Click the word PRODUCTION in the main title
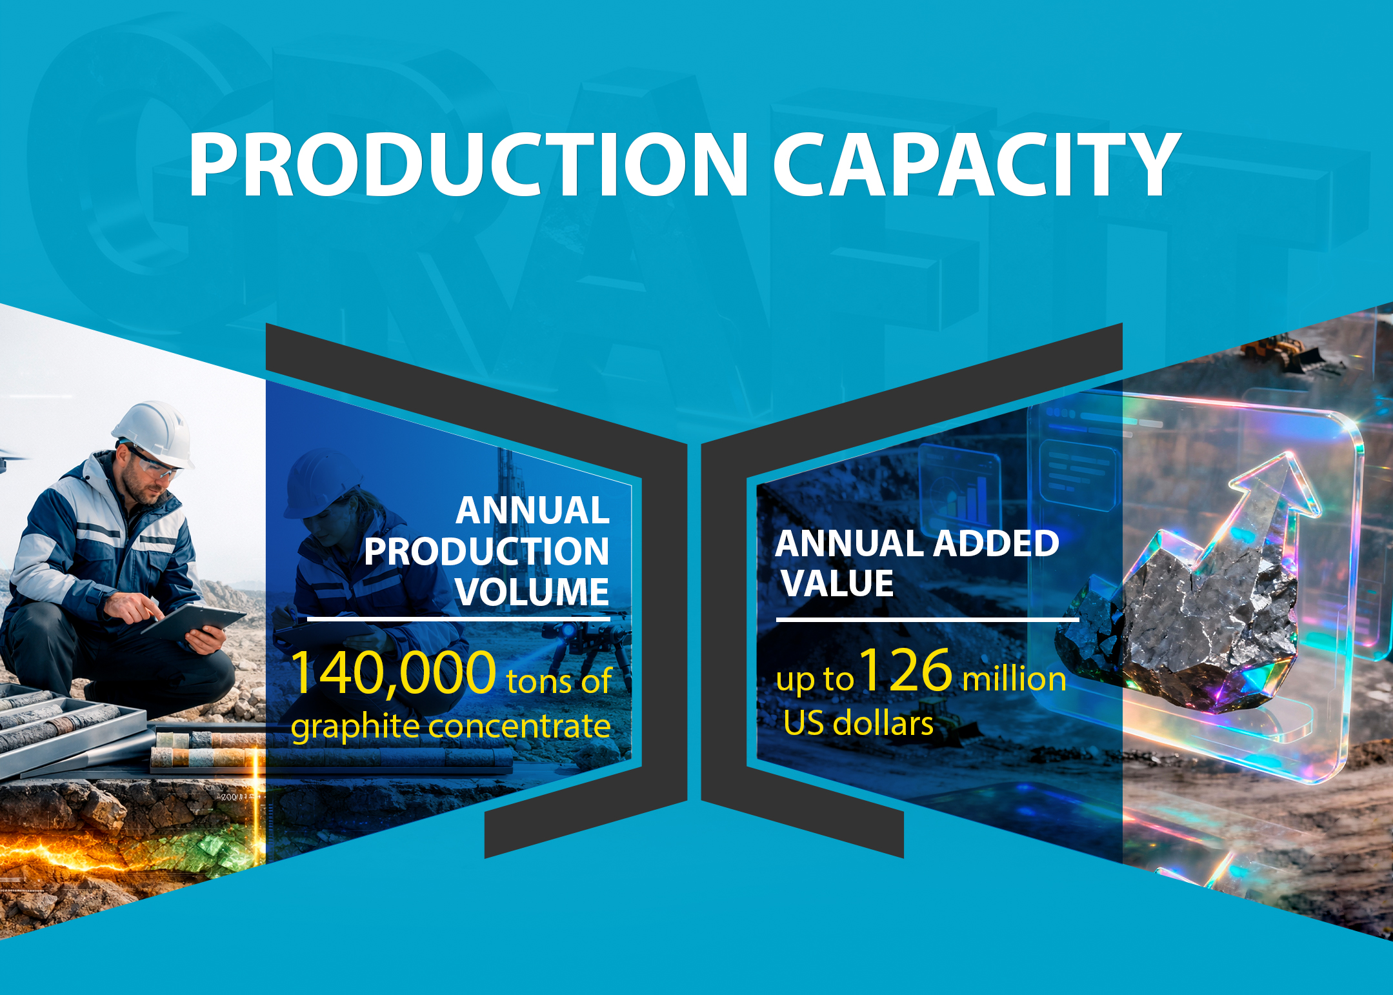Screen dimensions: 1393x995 [x=468, y=164]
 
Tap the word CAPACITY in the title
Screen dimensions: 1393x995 [x=977, y=164]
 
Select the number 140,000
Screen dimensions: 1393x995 [x=394, y=673]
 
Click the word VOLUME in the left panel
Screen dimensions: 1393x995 [x=532, y=591]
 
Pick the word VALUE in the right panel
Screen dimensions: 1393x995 [x=837, y=583]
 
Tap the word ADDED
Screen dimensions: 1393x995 [x=996, y=543]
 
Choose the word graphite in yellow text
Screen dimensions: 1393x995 [x=356, y=727]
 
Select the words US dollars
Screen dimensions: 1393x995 [x=858, y=723]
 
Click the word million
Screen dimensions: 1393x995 [x=1014, y=679]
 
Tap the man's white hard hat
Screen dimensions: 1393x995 [x=154, y=432]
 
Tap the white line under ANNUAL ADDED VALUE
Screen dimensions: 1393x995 [x=927, y=619]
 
